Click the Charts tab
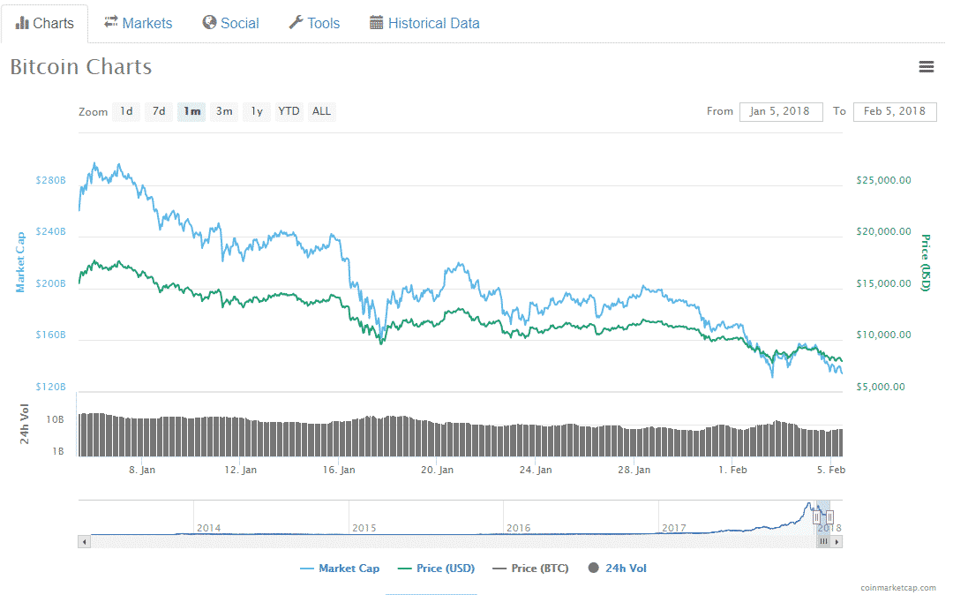pos(45,24)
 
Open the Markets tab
pos(139,24)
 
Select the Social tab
pos(230,24)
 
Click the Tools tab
pos(314,24)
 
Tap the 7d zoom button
pos(159,111)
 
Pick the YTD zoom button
pos(289,111)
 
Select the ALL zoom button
pos(321,111)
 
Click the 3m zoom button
pos(225,111)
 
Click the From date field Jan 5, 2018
pos(780,111)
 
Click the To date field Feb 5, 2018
pos(894,111)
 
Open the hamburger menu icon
pos(926,67)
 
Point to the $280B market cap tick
pos(50,180)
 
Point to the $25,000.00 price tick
pos(883,180)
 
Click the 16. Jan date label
pos(339,470)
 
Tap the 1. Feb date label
pos(732,470)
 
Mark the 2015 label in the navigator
pos(364,528)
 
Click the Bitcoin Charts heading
pos(81,67)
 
